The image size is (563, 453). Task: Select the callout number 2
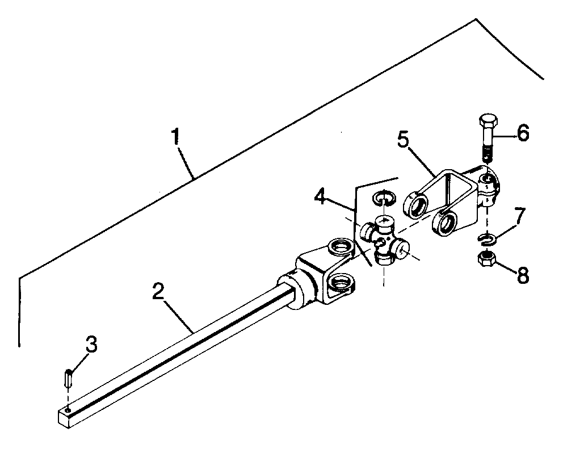tap(158, 291)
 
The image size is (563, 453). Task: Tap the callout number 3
tap(91, 344)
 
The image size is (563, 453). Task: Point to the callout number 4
tap(321, 196)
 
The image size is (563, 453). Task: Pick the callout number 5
tap(404, 140)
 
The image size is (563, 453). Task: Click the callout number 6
tap(523, 133)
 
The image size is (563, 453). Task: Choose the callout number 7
tap(519, 215)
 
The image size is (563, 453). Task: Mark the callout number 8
tap(523, 275)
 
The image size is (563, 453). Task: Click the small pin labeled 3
tap(69, 378)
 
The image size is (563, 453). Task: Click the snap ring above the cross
tap(384, 198)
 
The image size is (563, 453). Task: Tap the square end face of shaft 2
tap(63, 418)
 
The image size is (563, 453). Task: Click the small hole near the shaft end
tap(68, 409)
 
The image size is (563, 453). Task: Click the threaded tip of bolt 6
tap(488, 156)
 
